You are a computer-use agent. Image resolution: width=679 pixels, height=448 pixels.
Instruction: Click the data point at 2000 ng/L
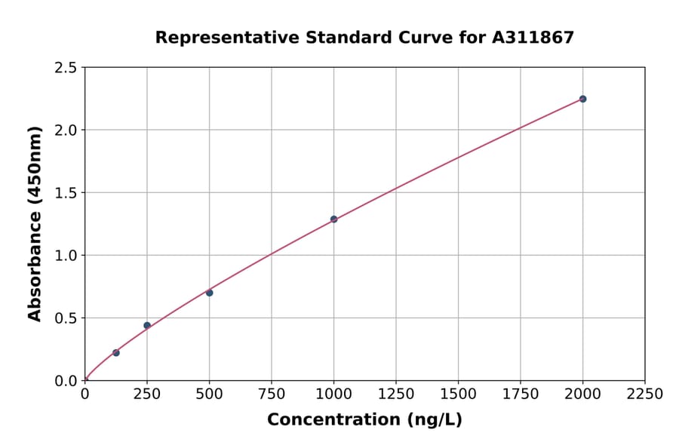[582, 99]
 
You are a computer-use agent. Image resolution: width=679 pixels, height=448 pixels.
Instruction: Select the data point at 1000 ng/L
[333, 219]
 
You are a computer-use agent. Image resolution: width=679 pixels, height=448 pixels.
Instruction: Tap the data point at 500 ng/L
[209, 293]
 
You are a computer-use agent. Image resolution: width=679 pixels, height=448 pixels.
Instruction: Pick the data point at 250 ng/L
[147, 325]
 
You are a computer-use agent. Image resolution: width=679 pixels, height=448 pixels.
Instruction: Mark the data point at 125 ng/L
[116, 352]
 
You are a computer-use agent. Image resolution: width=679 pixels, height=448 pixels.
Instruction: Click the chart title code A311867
[534, 38]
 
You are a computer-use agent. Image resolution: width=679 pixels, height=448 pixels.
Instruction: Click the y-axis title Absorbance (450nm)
[35, 223]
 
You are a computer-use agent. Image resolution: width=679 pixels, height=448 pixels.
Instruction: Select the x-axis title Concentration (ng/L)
[364, 420]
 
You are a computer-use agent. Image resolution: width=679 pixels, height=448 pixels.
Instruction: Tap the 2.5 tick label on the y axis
[66, 68]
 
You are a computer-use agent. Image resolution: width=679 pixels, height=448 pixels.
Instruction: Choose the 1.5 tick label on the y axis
[66, 193]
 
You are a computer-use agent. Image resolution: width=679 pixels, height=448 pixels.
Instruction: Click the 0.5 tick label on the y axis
[66, 318]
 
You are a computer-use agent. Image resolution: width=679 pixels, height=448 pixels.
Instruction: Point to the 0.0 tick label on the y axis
[66, 381]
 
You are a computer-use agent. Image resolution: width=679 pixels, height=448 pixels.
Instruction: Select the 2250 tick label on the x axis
[644, 394]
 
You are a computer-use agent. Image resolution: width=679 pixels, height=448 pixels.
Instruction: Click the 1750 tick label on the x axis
[520, 394]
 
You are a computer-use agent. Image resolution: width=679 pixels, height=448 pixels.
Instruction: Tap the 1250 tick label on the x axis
[395, 394]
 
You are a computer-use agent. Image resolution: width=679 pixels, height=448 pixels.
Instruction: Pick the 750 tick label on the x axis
[272, 394]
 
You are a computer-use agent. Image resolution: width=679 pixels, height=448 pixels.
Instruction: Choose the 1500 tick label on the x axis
[458, 394]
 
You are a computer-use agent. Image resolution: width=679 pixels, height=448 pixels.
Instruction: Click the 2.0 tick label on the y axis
[66, 130]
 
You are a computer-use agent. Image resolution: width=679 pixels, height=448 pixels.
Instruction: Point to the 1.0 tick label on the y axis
[66, 256]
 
